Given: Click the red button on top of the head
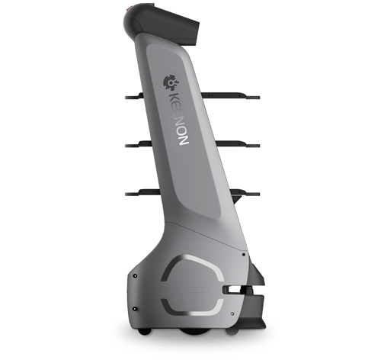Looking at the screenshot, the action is tap(130, 8).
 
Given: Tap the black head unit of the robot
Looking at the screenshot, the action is tap(162, 24).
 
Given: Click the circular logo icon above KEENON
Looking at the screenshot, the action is tap(171, 82).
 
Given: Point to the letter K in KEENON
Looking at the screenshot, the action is tap(174, 98).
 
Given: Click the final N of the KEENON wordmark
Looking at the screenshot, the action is tap(184, 140).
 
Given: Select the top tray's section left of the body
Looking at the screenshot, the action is tap(135, 96).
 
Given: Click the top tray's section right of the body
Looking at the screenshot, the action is tap(230, 95).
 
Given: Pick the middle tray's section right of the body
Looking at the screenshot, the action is tap(238, 144).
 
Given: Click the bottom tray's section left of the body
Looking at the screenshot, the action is tap(143, 193).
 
